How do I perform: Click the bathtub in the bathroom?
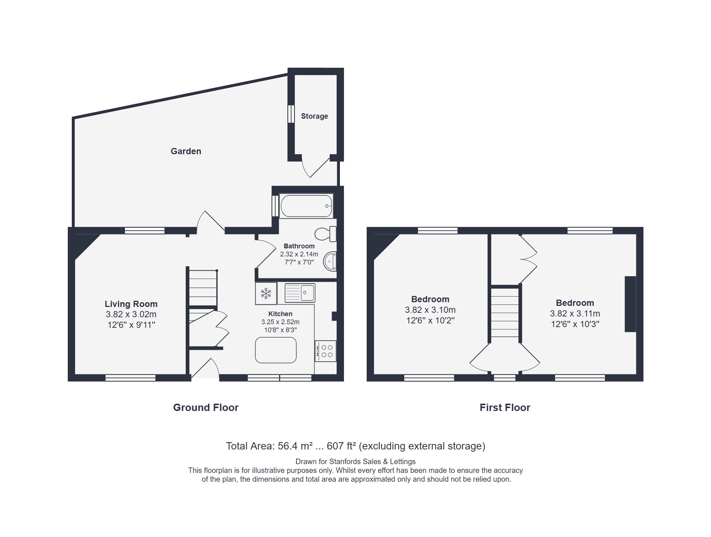[x=306, y=206]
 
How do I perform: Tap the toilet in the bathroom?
[x=326, y=234]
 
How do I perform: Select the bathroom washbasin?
[x=330, y=261]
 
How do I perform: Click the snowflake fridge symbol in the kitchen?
[x=266, y=293]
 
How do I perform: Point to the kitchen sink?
[x=300, y=293]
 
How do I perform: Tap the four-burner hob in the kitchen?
[x=325, y=351]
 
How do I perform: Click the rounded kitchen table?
[x=276, y=350]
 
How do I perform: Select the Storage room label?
[x=314, y=116]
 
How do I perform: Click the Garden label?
[x=186, y=151]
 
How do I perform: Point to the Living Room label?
[x=131, y=304]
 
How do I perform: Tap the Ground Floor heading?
[x=205, y=407]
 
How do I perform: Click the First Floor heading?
[x=505, y=407]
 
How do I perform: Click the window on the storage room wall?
[x=291, y=114]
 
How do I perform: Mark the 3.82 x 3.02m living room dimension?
[x=131, y=314]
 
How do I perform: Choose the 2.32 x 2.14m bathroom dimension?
[x=299, y=254]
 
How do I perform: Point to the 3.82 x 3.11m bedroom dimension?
[x=575, y=314]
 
